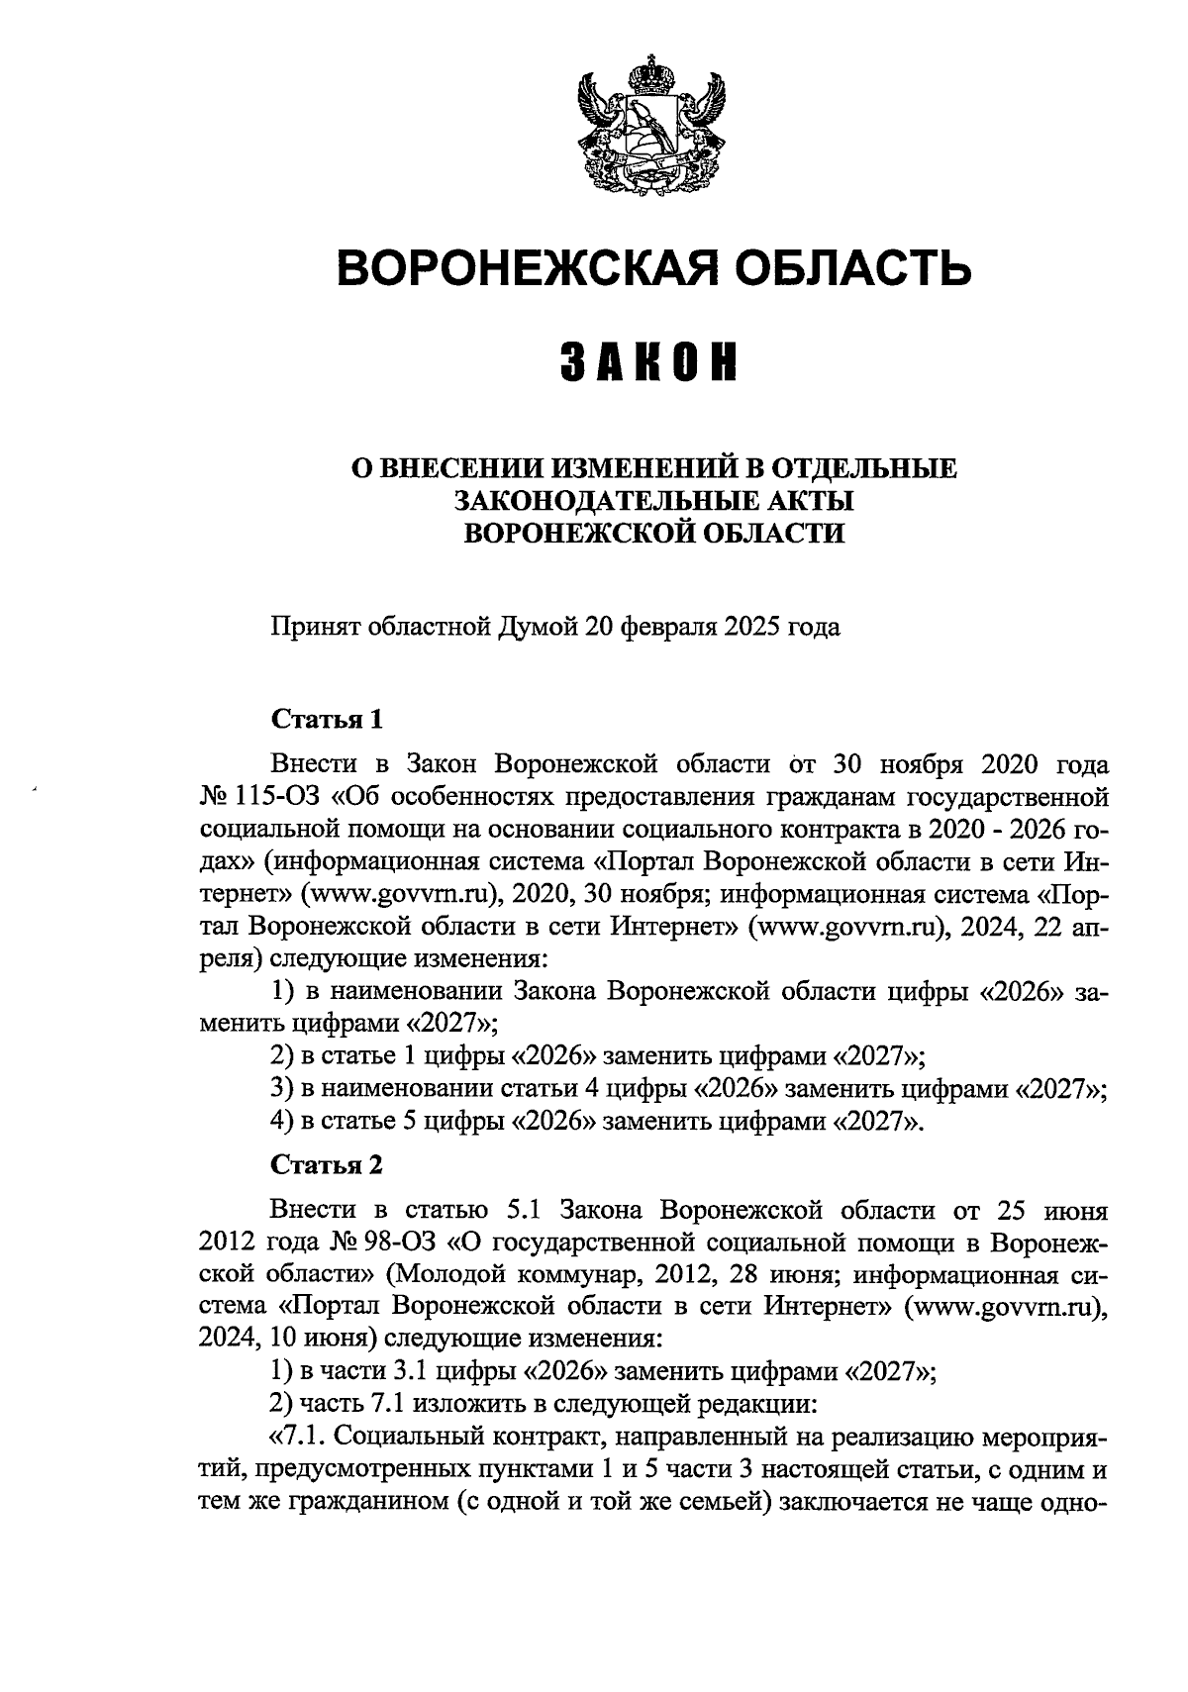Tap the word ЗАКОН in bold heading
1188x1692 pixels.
coord(649,362)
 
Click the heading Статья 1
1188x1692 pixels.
coord(326,719)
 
